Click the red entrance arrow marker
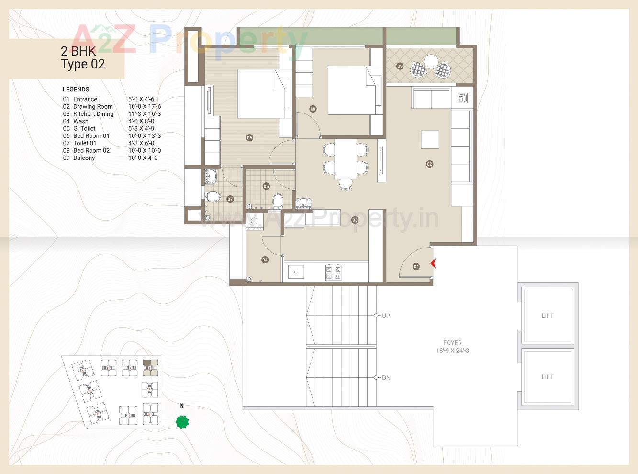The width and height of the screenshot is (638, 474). coord(433,263)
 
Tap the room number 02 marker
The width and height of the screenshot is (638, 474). coord(429,164)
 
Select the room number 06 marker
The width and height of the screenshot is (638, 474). coord(249,138)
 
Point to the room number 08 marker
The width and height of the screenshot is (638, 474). coord(313,109)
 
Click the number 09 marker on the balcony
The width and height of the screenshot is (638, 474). coord(400,66)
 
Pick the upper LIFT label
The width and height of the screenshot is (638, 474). coord(548,316)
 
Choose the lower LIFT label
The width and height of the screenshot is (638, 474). coord(548,377)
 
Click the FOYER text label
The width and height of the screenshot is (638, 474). coord(452,343)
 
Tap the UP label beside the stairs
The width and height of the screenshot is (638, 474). coord(386,316)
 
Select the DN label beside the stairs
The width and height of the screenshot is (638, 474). coord(386,378)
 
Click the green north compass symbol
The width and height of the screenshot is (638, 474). coord(182,421)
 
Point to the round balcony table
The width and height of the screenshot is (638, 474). coord(431,62)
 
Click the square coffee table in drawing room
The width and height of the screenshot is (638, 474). coord(430,139)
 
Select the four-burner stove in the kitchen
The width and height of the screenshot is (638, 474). coord(333,272)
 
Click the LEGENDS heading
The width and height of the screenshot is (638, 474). coord(76,90)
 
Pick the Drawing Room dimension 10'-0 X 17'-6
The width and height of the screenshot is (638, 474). coord(145,107)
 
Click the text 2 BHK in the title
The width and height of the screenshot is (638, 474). coord(78,51)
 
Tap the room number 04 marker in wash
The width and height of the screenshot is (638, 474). coord(265,260)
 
